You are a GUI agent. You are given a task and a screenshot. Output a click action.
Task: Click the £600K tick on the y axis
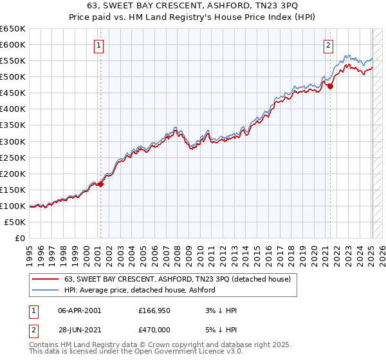13,44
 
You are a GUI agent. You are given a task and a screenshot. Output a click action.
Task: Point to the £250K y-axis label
13,157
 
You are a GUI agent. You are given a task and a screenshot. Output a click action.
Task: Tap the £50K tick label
15,222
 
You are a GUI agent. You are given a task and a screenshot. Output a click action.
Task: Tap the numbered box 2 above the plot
329,45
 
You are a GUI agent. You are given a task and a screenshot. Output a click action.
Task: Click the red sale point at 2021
331,86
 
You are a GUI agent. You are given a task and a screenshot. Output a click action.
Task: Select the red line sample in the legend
45,279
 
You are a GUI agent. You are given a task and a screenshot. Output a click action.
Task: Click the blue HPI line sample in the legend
45,290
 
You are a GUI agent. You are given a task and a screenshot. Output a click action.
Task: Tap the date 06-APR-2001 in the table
79,310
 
